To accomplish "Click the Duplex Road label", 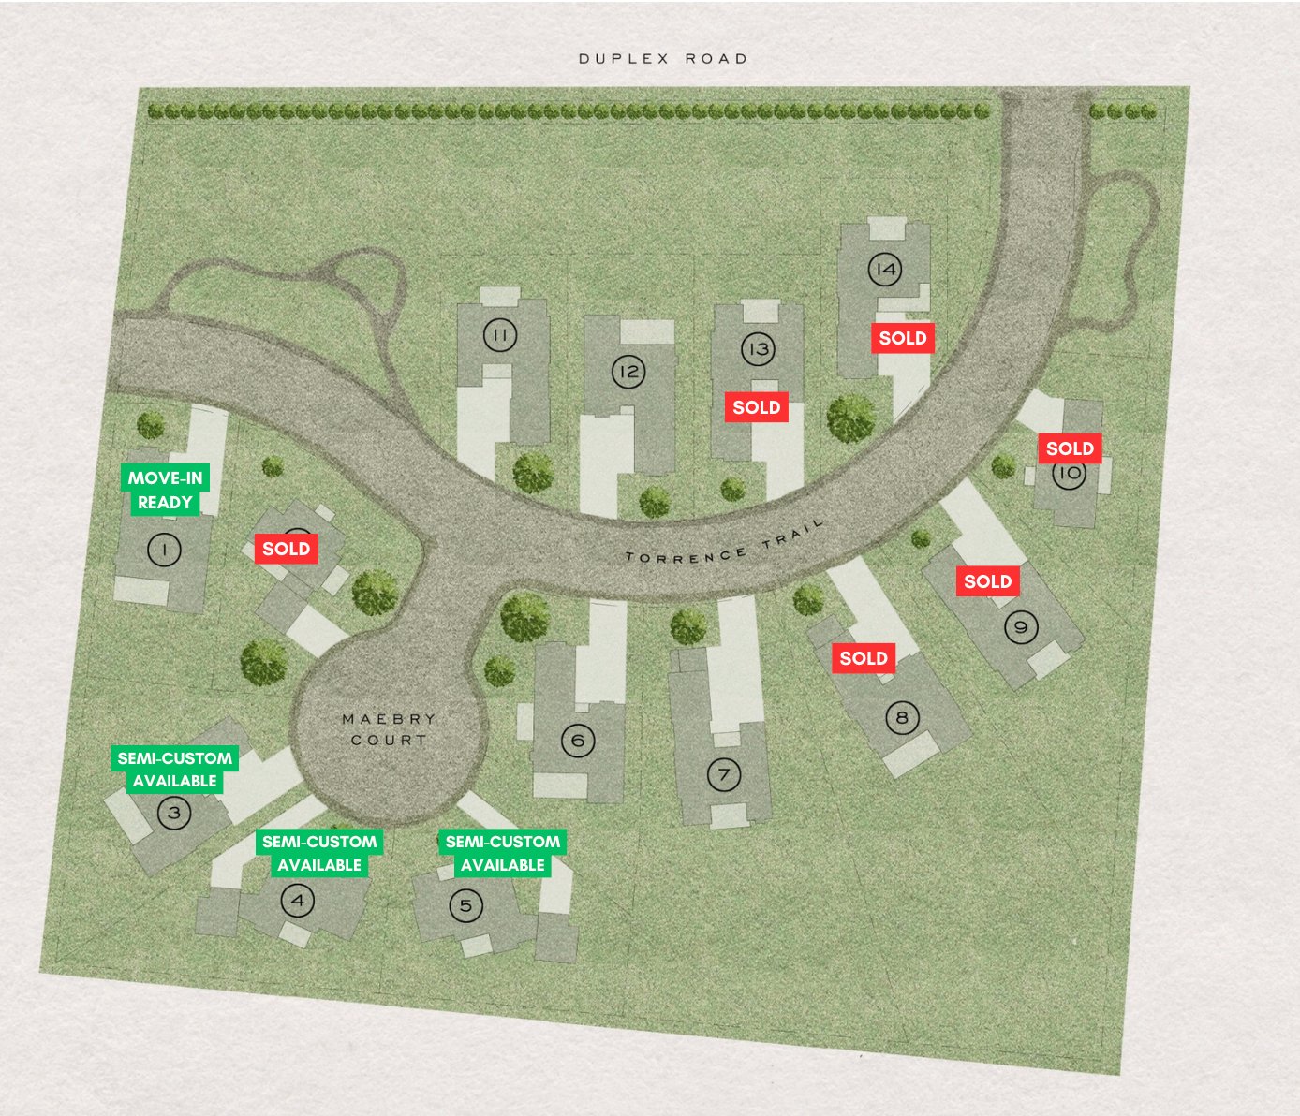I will tap(663, 59).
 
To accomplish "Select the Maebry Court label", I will tap(389, 729).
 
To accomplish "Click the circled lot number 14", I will tap(884, 270).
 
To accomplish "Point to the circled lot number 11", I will tap(499, 335).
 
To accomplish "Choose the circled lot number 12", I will tap(628, 372).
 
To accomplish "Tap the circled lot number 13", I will tap(758, 350).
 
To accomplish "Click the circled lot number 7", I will tap(723, 775).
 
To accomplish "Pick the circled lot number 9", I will tap(1021, 627).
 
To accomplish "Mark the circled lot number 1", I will tap(165, 550).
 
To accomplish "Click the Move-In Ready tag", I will tap(165, 490).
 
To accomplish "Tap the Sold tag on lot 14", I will tap(903, 338).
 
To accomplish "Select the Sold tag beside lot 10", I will tap(1070, 448).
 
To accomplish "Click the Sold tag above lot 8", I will tap(863, 658).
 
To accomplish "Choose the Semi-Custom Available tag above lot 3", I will tap(175, 770).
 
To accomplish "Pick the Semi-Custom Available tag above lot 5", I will tap(503, 853).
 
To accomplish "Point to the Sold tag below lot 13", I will tap(756, 407).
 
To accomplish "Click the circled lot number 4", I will tap(298, 902).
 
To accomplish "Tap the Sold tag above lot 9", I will tap(987, 581).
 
